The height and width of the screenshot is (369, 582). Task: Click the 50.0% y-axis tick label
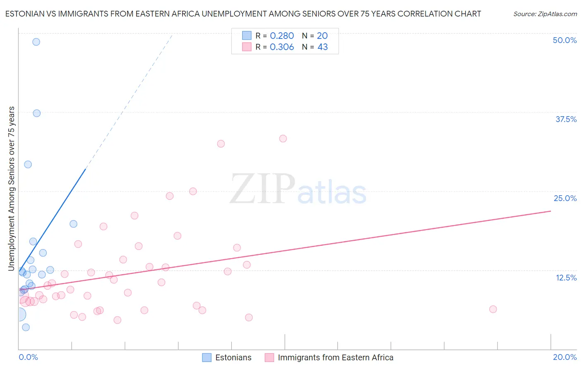[565, 40]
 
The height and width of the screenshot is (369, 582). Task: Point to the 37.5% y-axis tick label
[566, 119]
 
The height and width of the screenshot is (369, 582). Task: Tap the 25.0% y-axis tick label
[565, 198]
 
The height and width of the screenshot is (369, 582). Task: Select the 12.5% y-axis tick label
[566, 277]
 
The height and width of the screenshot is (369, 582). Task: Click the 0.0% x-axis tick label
[28, 357]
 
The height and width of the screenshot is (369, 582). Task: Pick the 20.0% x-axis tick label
[565, 357]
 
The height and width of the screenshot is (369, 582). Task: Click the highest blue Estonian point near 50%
[36, 42]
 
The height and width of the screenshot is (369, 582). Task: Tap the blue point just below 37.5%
[36, 113]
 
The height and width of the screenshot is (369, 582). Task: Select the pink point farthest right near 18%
[493, 309]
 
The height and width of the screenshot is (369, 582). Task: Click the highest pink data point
[283, 139]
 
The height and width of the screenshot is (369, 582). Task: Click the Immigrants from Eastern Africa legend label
[335, 357]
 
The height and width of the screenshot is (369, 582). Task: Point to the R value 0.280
[281, 36]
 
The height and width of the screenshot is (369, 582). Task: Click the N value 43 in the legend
[322, 47]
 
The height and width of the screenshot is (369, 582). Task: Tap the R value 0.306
[281, 47]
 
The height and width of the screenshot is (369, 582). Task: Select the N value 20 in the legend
[322, 36]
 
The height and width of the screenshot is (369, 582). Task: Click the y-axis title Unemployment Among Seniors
[11, 189]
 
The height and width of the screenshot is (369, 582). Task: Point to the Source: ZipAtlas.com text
[545, 14]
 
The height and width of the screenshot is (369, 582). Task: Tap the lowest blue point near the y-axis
[26, 327]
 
